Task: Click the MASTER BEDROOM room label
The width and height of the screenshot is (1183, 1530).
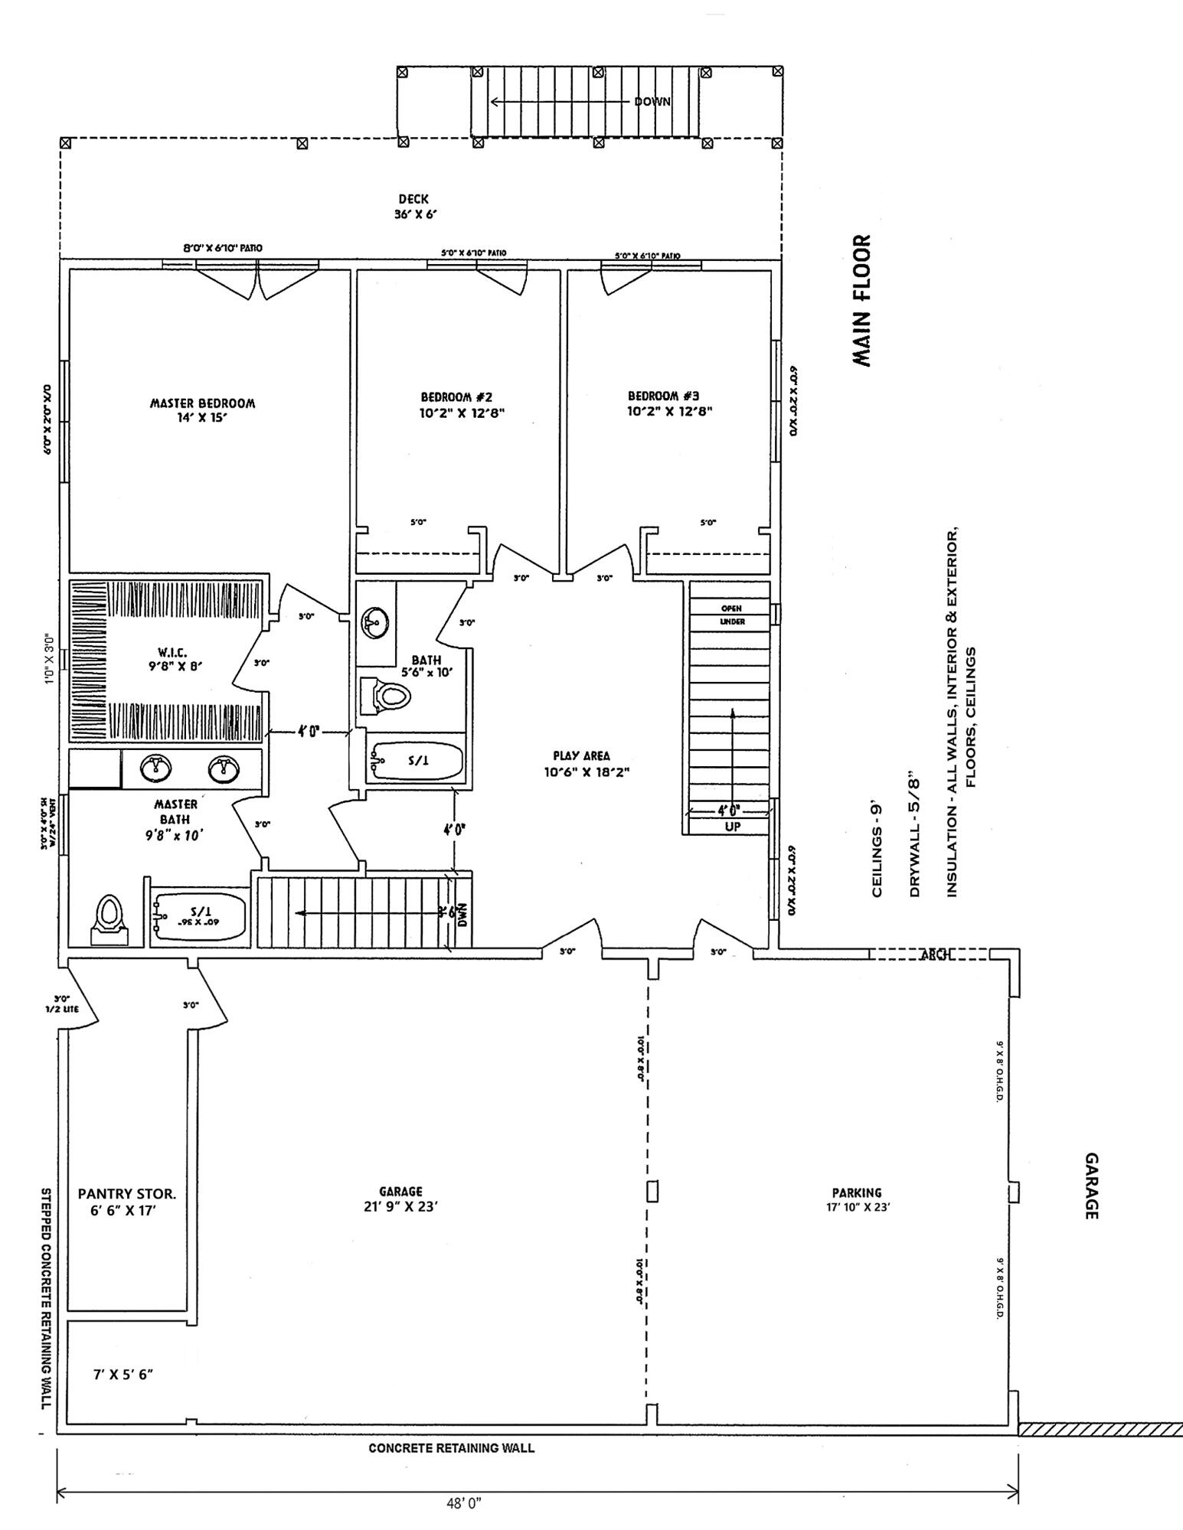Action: pos(202,410)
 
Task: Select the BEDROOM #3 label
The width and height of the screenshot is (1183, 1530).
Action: pos(663,403)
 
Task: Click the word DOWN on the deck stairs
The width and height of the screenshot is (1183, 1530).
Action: pos(652,102)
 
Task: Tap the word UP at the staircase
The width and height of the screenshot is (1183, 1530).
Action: pos(732,827)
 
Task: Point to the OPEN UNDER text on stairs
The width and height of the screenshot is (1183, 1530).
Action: pos(731,615)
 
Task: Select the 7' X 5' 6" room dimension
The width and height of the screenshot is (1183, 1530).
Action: pos(123,1374)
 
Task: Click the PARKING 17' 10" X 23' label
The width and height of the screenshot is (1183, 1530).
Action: pos(856,1199)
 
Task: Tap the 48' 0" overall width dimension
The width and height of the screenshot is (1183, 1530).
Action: pos(463,1502)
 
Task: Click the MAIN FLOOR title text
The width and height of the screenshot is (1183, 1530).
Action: pos(862,301)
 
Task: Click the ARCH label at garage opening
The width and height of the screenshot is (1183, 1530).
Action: pos(936,954)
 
